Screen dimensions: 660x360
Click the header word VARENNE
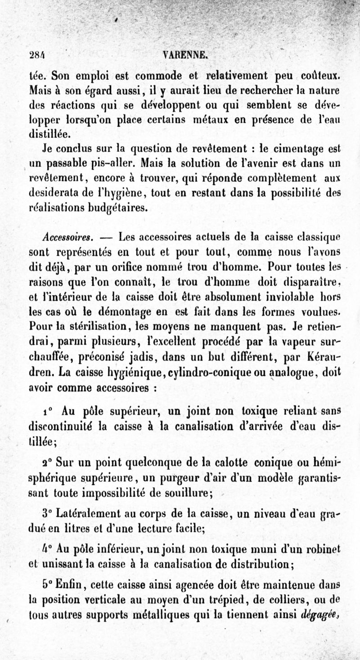(x=186, y=55)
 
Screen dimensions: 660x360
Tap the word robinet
(x=324, y=548)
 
